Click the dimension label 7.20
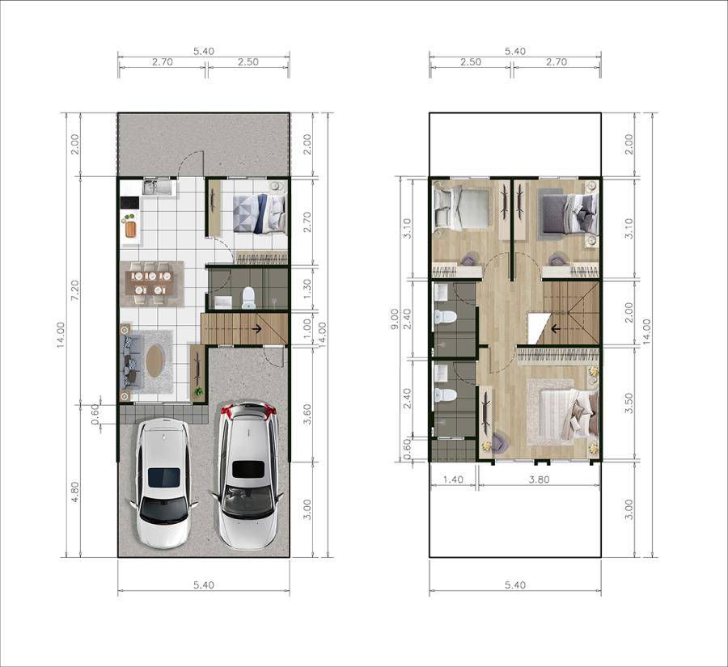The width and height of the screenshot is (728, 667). tap(75, 290)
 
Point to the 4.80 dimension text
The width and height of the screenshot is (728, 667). tap(75, 491)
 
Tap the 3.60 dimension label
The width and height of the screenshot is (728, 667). tap(307, 414)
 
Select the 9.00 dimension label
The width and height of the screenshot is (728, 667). tap(394, 319)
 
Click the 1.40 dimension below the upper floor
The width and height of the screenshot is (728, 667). tap(453, 479)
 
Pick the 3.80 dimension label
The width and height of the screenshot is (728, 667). tap(539, 479)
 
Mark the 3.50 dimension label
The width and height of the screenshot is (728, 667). tap(629, 403)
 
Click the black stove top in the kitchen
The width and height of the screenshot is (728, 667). tap(129, 203)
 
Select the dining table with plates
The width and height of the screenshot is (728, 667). tap(152, 284)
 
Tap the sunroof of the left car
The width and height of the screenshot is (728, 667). tap(163, 477)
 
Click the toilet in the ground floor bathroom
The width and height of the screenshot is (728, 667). tap(248, 298)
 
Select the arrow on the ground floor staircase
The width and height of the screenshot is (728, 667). tap(256, 329)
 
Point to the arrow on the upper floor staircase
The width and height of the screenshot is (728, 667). tap(555, 329)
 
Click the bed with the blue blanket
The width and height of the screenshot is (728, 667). tap(259, 213)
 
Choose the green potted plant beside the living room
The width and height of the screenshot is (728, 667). tap(199, 392)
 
